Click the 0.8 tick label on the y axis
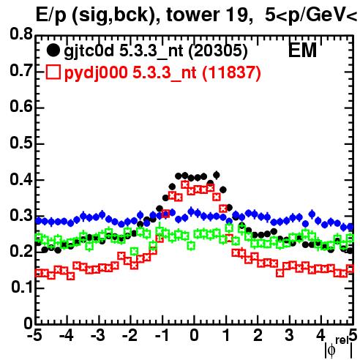(21, 34)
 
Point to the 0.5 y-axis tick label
(21, 143)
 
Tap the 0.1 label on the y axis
(21, 287)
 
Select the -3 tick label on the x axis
(98, 335)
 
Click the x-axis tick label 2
(258, 335)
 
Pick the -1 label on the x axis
(162, 335)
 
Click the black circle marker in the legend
(53, 50)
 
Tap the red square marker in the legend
(53, 72)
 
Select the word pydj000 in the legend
(96, 73)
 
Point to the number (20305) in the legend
(218, 51)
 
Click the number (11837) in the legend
(231, 72)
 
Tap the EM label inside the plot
(302, 50)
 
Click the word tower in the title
(192, 15)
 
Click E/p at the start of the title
(50, 16)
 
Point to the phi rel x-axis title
(339, 348)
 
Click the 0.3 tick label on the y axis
(21, 215)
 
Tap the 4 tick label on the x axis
(320, 335)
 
